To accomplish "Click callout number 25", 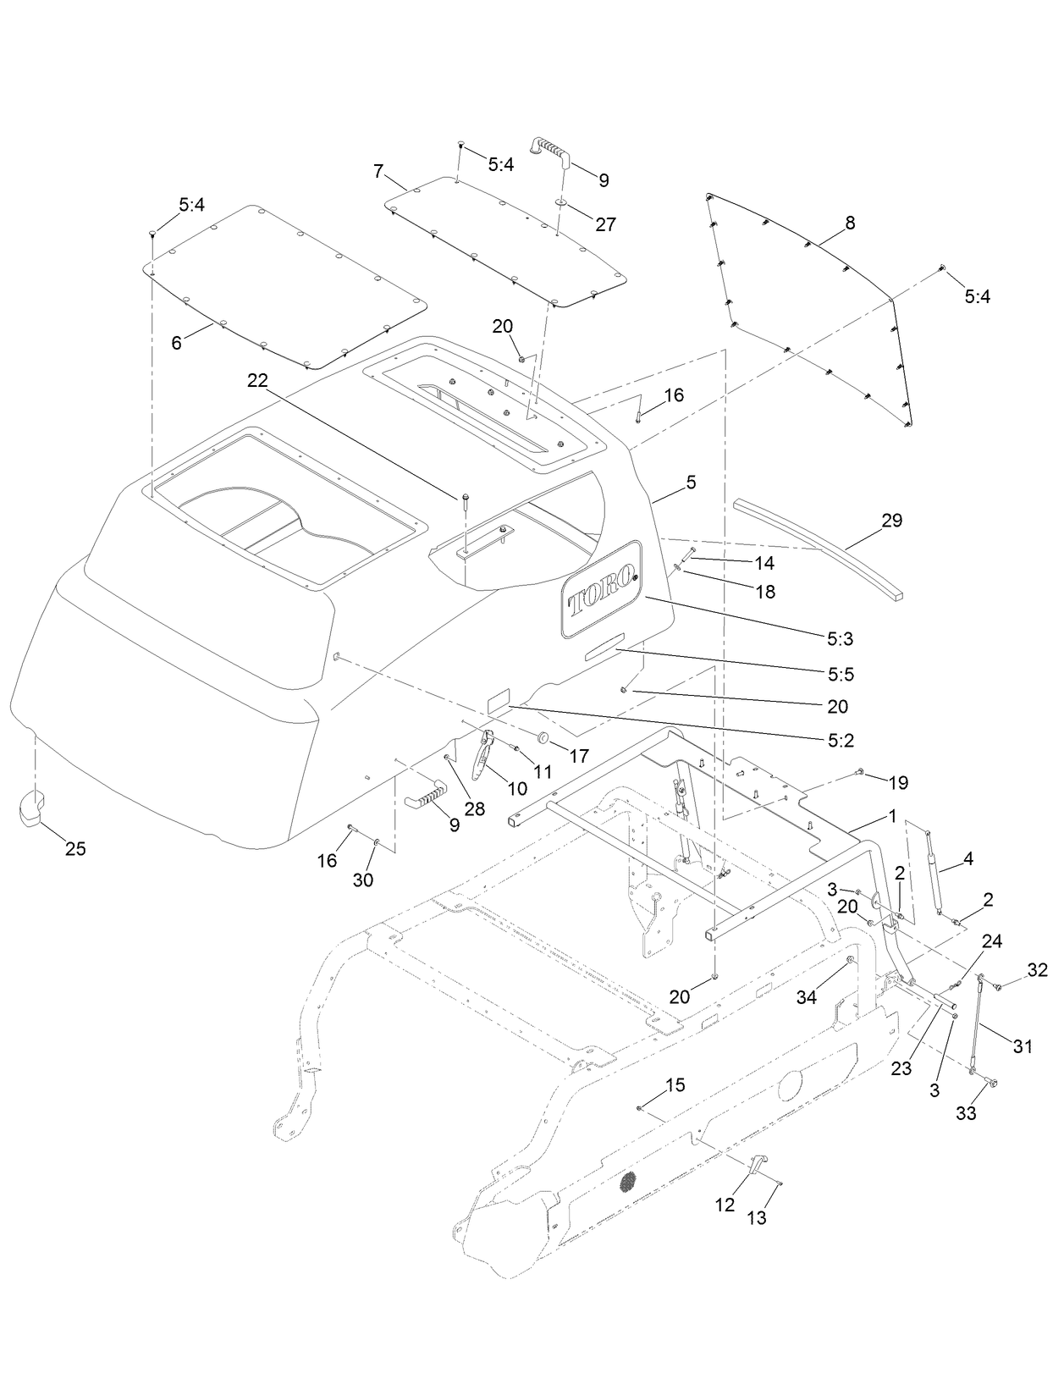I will [75, 848].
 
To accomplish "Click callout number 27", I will [605, 224].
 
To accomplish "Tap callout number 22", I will [257, 381].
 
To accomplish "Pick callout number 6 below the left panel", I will [176, 343].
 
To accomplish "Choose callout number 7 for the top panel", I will [378, 171].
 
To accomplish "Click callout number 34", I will [806, 997].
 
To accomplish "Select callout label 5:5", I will [841, 674].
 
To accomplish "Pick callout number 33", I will [965, 1113].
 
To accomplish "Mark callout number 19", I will [897, 783].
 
